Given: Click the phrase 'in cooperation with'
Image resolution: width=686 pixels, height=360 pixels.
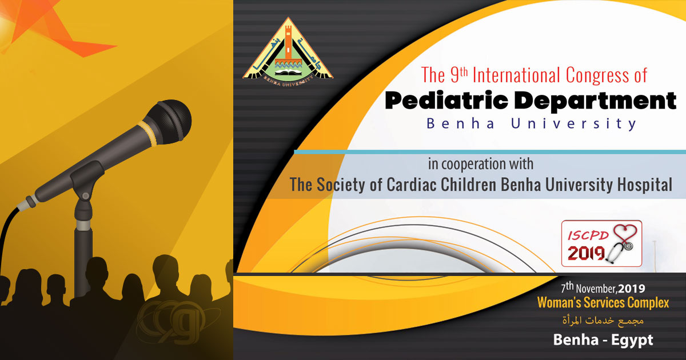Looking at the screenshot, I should coord(480,165).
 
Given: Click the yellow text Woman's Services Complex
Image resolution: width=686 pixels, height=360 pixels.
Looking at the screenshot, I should coord(603,303).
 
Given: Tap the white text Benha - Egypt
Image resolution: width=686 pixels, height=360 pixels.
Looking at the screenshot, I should coord(603,340).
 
